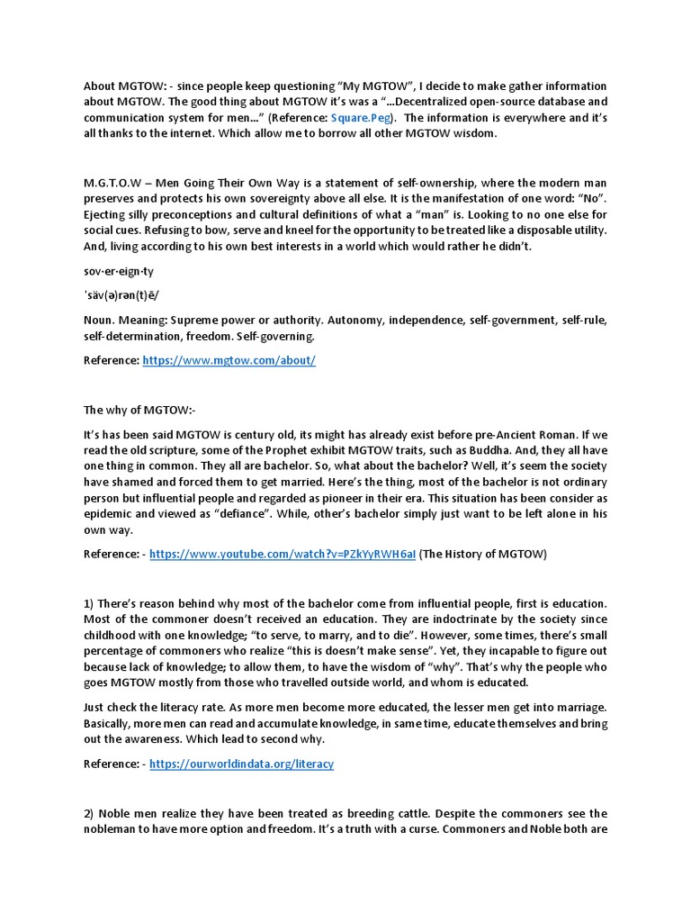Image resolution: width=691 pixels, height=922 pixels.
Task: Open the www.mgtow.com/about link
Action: (x=229, y=360)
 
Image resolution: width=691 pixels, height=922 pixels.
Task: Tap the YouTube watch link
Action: (x=283, y=555)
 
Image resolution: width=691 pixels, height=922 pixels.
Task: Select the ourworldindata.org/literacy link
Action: (x=241, y=764)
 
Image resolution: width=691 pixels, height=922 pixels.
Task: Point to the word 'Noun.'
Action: (x=100, y=321)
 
